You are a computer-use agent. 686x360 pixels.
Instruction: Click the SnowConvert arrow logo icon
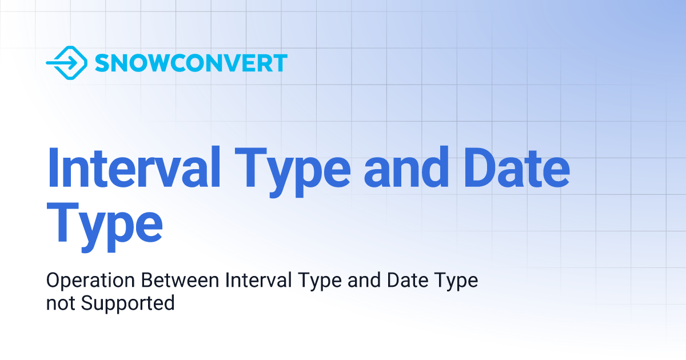coord(66,62)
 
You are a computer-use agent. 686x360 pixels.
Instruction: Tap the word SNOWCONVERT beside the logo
coord(191,63)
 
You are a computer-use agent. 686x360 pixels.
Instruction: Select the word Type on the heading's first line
coord(292,169)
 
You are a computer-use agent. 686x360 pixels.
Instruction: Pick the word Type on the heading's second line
coord(104,225)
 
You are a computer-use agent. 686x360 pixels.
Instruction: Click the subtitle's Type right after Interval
coord(313,282)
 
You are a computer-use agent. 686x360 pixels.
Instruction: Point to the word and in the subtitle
coord(358,281)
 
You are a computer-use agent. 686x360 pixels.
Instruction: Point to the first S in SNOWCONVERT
coord(102,63)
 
